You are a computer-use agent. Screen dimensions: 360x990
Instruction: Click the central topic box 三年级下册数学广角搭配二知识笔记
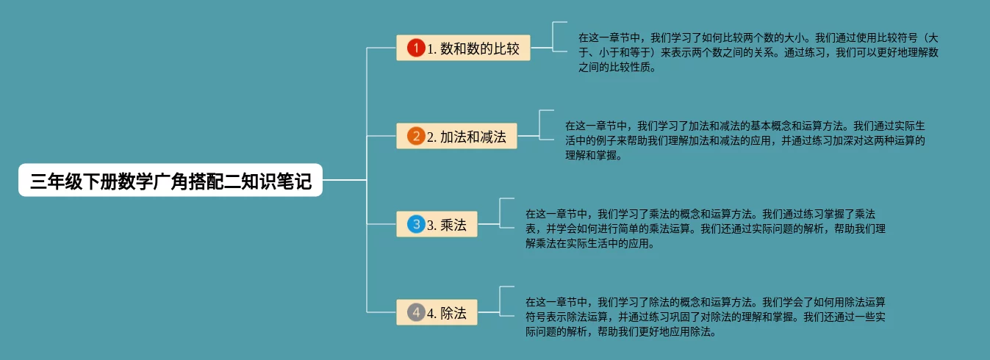pyautogui.click(x=171, y=180)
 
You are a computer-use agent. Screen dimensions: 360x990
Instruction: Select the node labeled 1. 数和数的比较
pyautogui.click(x=463, y=48)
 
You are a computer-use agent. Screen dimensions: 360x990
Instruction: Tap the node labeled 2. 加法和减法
pyautogui.click(x=456, y=137)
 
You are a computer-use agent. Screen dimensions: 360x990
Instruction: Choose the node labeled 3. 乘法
pyautogui.click(x=437, y=225)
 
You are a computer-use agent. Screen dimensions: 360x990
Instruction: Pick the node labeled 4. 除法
pyautogui.click(x=437, y=313)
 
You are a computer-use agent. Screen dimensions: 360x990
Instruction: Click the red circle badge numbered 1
pyautogui.click(x=416, y=48)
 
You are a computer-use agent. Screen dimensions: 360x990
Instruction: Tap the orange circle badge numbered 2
pyautogui.click(x=416, y=137)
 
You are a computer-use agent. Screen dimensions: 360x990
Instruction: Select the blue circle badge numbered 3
pyautogui.click(x=416, y=225)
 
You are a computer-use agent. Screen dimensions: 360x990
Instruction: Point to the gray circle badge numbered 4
pyautogui.click(x=416, y=313)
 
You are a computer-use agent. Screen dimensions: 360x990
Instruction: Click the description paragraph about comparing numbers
pyautogui.click(x=757, y=51)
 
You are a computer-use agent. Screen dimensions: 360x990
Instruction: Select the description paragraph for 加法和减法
pyautogui.click(x=744, y=140)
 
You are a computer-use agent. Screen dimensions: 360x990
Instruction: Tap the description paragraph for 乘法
pyautogui.click(x=706, y=228)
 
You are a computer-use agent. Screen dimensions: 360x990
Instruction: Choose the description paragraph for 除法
pyautogui.click(x=706, y=317)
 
